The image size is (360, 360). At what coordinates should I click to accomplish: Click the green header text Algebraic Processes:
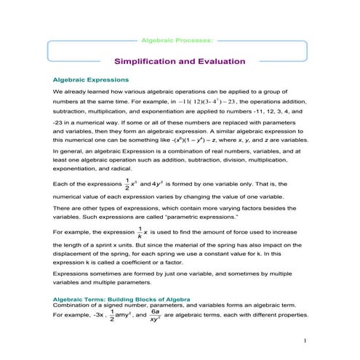(180, 35)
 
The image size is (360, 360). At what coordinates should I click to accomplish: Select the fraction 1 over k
(139, 231)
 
